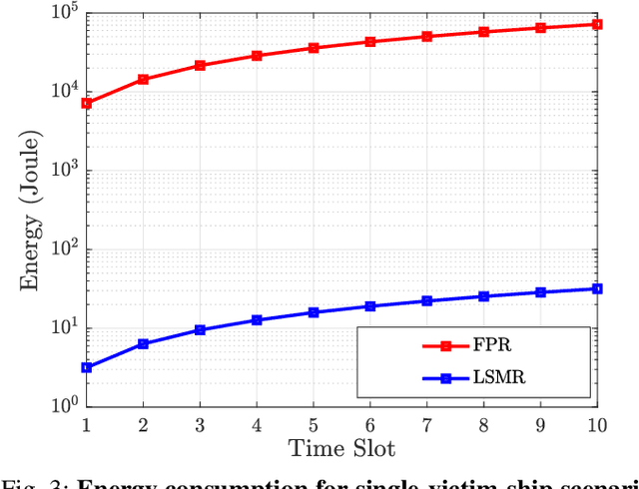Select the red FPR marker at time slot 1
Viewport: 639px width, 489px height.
(x=87, y=103)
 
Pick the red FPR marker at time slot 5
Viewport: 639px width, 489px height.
(x=314, y=48)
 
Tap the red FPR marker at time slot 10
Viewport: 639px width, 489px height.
(x=597, y=24)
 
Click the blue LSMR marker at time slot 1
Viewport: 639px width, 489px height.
(x=87, y=367)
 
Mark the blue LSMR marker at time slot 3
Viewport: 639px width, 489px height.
(x=200, y=329)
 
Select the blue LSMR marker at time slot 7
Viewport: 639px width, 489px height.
(x=427, y=300)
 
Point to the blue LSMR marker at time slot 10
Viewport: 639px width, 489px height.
(x=597, y=288)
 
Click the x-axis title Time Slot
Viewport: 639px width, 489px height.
(x=341, y=447)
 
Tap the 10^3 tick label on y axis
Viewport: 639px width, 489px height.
(x=66, y=171)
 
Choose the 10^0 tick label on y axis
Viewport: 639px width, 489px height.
(x=66, y=406)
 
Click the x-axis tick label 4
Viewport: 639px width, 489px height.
(x=257, y=424)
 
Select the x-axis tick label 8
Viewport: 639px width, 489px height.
(x=484, y=424)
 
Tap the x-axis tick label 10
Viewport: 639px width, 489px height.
(x=596, y=424)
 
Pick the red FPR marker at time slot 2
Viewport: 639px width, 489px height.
(x=144, y=79)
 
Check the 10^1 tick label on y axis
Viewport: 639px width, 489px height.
(x=66, y=327)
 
